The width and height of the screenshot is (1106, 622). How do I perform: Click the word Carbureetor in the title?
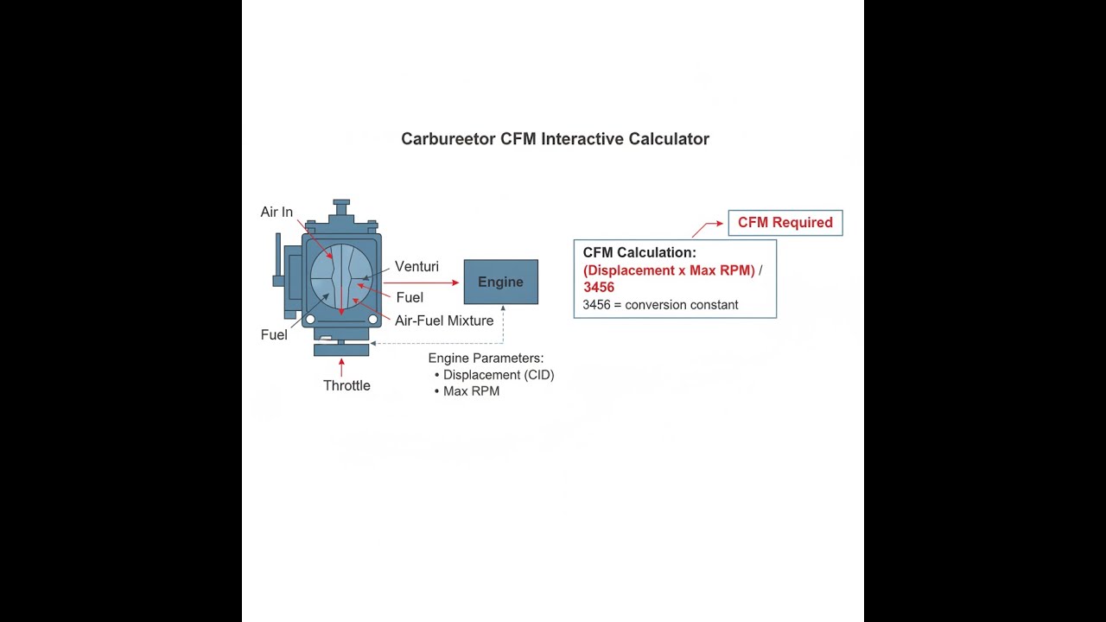(448, 139)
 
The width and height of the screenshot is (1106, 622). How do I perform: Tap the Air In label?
(276, 212)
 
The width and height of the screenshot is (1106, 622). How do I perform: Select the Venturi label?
(416, 267)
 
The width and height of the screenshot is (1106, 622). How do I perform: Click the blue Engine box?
(500, 282)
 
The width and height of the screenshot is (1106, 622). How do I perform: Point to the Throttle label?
(346, 385)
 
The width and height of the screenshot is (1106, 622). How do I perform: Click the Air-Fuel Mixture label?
(444, 321)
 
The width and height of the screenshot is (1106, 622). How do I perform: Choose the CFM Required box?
(785, 223)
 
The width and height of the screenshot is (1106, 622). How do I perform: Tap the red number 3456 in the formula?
(599, 288)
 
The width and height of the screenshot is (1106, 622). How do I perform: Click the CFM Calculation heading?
(639, 252)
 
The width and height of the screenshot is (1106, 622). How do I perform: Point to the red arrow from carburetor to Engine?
(421, 282)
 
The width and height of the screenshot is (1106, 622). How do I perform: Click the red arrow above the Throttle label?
(341, 367)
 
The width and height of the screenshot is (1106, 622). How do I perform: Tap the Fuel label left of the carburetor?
(274, 334)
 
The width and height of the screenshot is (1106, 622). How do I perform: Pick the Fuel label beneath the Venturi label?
(410, 297)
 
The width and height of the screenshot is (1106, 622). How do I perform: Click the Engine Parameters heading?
(486, 358)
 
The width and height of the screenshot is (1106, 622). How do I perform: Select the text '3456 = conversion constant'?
(660, 305)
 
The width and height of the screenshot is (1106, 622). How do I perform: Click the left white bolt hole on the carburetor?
(310, 320)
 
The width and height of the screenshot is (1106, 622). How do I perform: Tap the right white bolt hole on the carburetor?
(372, 320)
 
